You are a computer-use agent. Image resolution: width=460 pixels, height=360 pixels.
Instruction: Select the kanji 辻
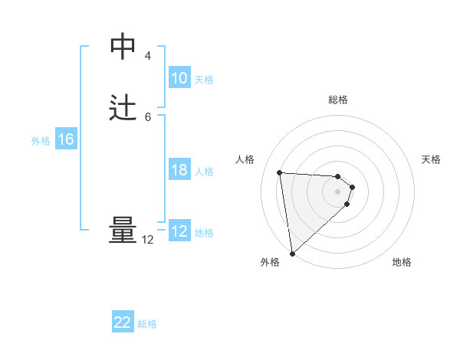click(x=123, y=106)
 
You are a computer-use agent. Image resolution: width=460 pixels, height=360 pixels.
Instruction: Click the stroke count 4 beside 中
click(x=147, y=56)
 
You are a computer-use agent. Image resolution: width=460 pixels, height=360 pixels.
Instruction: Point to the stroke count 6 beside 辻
click(x=147, y=116)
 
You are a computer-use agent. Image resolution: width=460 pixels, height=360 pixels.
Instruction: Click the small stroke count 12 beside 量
click(x=148, y=240)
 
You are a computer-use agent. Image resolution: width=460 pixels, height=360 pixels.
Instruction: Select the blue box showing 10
click(x=179, y=78)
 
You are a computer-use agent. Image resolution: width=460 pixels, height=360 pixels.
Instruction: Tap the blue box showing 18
click(x=179, y=170)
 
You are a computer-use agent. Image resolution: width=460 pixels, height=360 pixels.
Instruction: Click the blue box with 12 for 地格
click(x=179, y=231)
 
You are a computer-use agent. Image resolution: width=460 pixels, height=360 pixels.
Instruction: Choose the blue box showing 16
click(x=66, y=139)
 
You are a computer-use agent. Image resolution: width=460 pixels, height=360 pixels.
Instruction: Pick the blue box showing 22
click(x=123, y=322)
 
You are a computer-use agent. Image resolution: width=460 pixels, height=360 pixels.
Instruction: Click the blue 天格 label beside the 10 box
click(x=204, y=80)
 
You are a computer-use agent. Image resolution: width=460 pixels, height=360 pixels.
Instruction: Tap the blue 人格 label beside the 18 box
click(x=204, y=172)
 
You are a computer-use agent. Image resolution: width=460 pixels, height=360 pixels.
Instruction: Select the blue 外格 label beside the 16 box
click(x=41, y=141)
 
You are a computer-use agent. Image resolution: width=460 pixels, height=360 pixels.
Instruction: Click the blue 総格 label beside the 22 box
click(x=147, y=324)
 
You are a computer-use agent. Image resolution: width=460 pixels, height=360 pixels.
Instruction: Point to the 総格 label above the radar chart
click(x=338, y=100)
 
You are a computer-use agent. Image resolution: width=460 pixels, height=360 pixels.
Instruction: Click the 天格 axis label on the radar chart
click(x=431, y=159)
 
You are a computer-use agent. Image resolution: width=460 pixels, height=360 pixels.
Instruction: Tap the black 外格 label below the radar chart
click(x=270, y=263)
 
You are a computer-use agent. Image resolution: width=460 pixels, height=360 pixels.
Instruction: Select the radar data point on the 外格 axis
click(x=292, y=253)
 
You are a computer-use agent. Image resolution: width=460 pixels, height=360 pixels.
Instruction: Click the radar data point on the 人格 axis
click(x=280, y=172)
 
